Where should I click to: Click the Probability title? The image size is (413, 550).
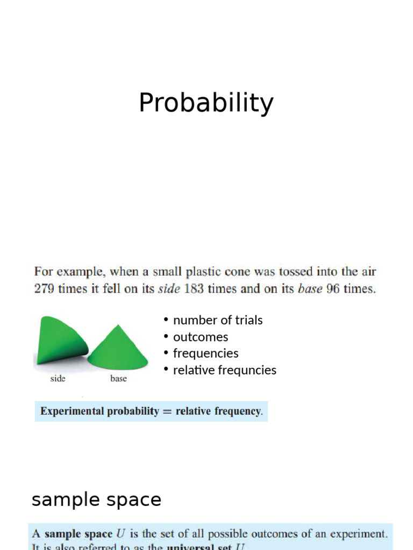coord(206,103)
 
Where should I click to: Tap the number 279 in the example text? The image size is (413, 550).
coord(45,288)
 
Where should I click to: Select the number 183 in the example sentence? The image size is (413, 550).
coord(194,288)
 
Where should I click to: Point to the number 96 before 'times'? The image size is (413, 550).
coord(333,288)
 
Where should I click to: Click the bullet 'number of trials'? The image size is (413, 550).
coord(218,320)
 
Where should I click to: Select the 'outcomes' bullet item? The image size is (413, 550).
coord(201,337)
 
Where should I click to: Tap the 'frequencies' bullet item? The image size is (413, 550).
coord(205,353)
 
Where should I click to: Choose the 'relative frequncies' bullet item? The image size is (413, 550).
coord(224,370)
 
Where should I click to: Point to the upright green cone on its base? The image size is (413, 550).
coord(118,348)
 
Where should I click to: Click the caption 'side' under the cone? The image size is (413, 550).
coord(58,379)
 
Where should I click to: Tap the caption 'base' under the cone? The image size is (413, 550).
coord(118,379)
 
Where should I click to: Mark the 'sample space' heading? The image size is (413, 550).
coord(96,500)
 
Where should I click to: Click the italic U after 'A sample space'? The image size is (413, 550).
coord(122,534)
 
